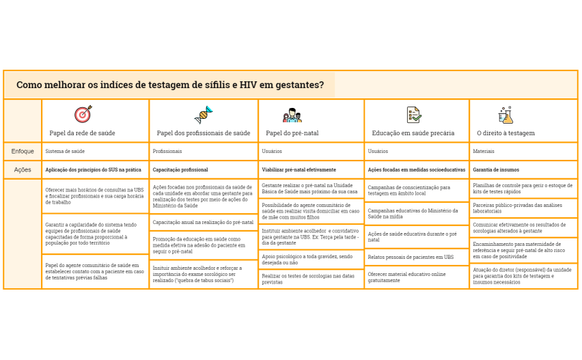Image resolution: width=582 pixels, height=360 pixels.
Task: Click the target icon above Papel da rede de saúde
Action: [x=83, y=114]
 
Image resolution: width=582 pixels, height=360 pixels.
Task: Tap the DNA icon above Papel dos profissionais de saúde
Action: [x=203, y=114]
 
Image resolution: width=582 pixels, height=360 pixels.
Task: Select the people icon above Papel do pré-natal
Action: [x=292, y=115]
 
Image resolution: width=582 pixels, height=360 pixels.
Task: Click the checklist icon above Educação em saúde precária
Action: [x=413, y=114]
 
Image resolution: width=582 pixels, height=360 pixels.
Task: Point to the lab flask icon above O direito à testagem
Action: [x=505, y=114]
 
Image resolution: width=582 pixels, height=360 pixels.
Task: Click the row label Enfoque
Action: [x=23, y=150]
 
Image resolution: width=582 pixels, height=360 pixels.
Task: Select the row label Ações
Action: [x=23, y=169]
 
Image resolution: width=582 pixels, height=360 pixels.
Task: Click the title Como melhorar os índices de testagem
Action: [x=170, y=85]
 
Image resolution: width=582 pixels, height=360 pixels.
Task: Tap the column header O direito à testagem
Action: [x=505, y=133]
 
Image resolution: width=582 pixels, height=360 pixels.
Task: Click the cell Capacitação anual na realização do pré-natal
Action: [x=203, y=223]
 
